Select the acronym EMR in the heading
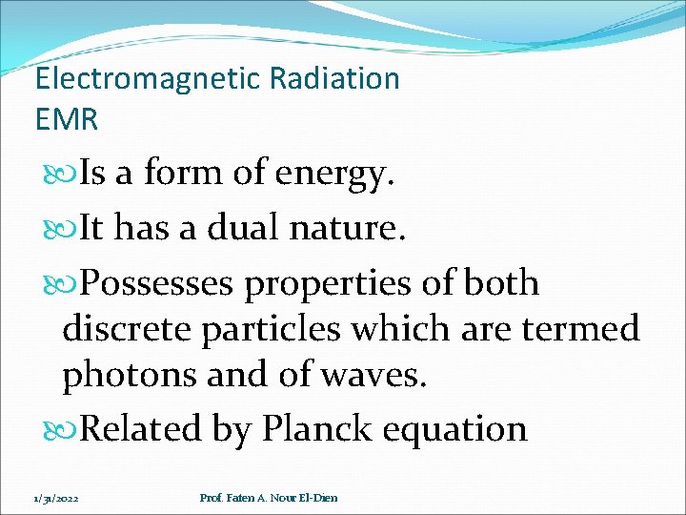click(x=66, y=120)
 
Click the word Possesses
click(x=158, y=283)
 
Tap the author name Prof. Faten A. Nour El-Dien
click(x=269, y=498)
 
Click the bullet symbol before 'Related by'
click(x=70, y=430)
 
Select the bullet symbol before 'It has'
click(x=70, y=230)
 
